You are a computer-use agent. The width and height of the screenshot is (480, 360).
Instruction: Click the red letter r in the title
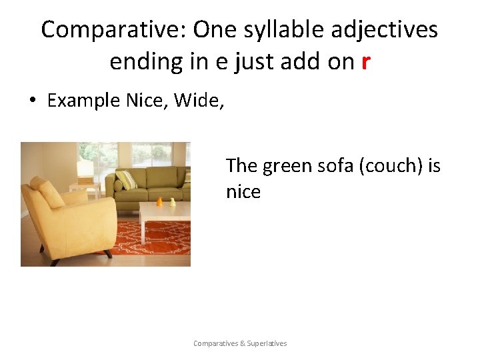pos(365,62)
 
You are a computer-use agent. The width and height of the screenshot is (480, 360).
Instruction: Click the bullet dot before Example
pos(31,101)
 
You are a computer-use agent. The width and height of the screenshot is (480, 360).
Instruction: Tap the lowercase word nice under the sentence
pos(243,192)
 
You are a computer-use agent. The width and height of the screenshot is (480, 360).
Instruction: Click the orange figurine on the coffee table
pos(159,201)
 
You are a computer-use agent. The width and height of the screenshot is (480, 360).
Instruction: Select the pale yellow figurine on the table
pos(172,201)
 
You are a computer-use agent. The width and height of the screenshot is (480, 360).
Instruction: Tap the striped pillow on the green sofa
pos(125,180)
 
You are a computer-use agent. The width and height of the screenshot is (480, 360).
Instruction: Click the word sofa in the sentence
pos(335,165)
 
